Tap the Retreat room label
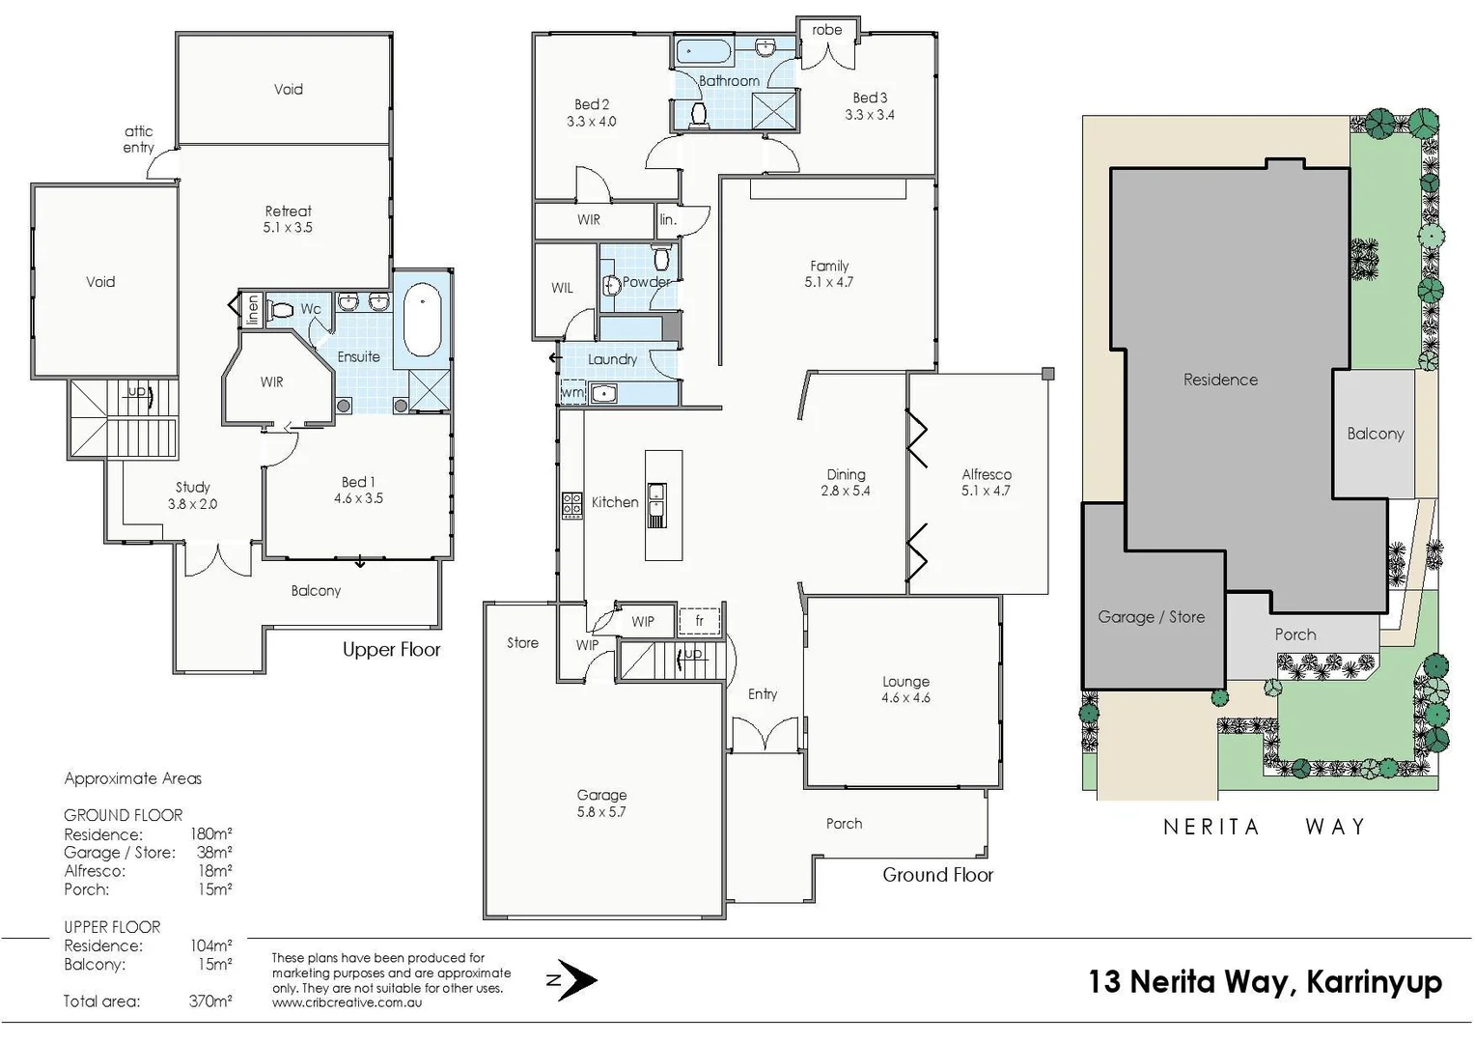[x=288, y=211]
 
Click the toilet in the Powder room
[x=661, y=259]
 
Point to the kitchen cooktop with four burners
[x=571, y=505]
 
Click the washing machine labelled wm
[x=572, y=393]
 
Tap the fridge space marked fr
[x=699, y=621]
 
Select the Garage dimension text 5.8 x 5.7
[x=601, y=812]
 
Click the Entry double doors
[x=765, y=735]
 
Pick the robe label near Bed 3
[x=826, y=30]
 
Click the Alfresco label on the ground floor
[x=986, y=474]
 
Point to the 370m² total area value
[x=210, y=1001]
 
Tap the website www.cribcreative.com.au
[x=347, y=1002]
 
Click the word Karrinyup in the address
[x=1374, y=981]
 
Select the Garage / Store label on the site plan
[x=1151, y=616]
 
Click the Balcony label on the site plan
[x=1375, y=434]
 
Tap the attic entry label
[x=138, y=139]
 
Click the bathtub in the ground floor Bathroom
[x=703, y=51]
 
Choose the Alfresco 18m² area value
[x=214, y=871]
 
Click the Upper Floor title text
[x=391, y=650]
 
